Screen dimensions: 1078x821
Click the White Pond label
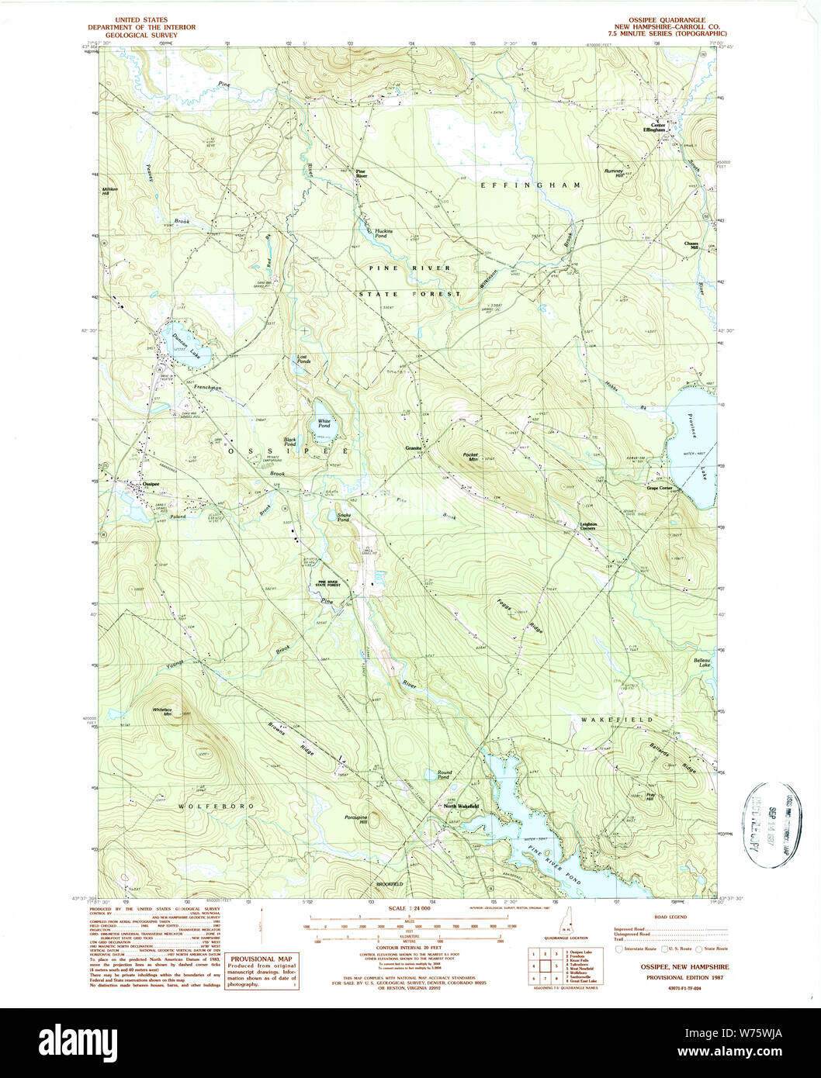[324, 423]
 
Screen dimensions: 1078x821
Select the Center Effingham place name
[658, 128]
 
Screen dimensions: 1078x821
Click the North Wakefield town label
[461, 807]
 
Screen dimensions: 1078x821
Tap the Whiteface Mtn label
[161, 711]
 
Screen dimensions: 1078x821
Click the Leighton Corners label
[588, 526]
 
